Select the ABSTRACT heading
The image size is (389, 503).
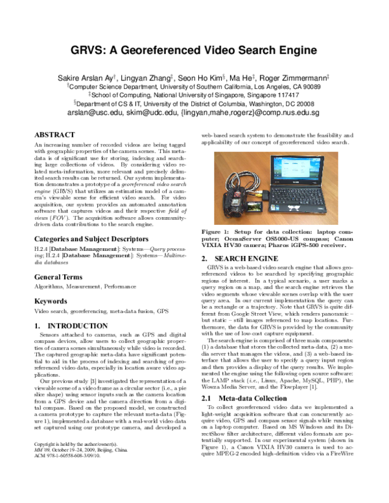coord(54,134)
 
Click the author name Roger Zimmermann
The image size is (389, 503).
coord(298,75)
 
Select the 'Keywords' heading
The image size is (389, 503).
coord(51,301)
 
